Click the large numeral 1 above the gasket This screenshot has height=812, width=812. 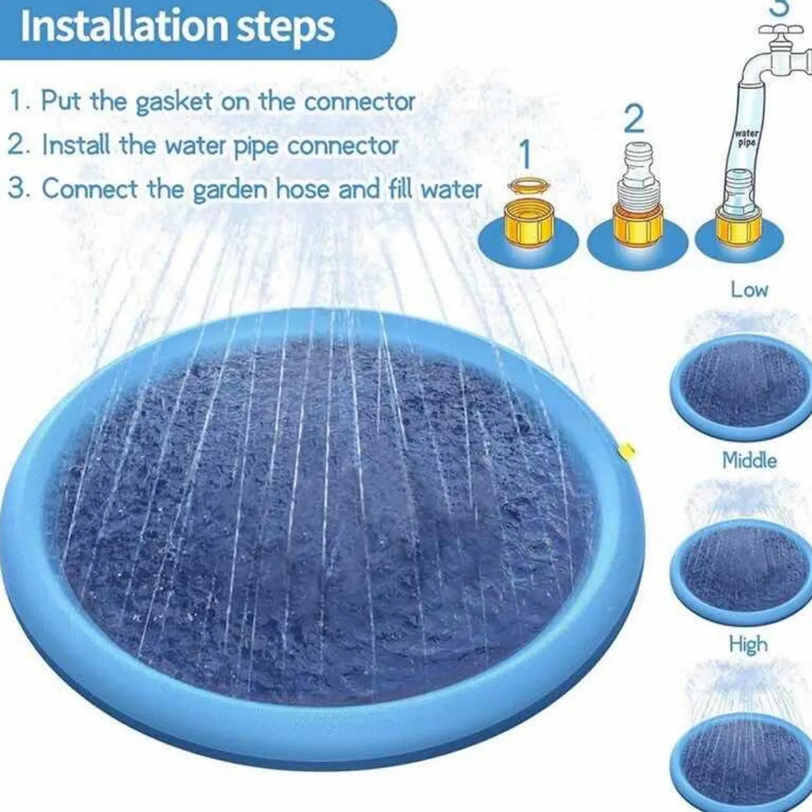[525, 154]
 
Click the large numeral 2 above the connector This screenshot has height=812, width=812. [633, 119]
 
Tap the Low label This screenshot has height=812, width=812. [749, 290]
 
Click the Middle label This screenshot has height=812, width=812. [750, 460]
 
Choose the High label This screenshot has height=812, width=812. [749, 645]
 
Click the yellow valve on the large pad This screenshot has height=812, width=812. [625, 452]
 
